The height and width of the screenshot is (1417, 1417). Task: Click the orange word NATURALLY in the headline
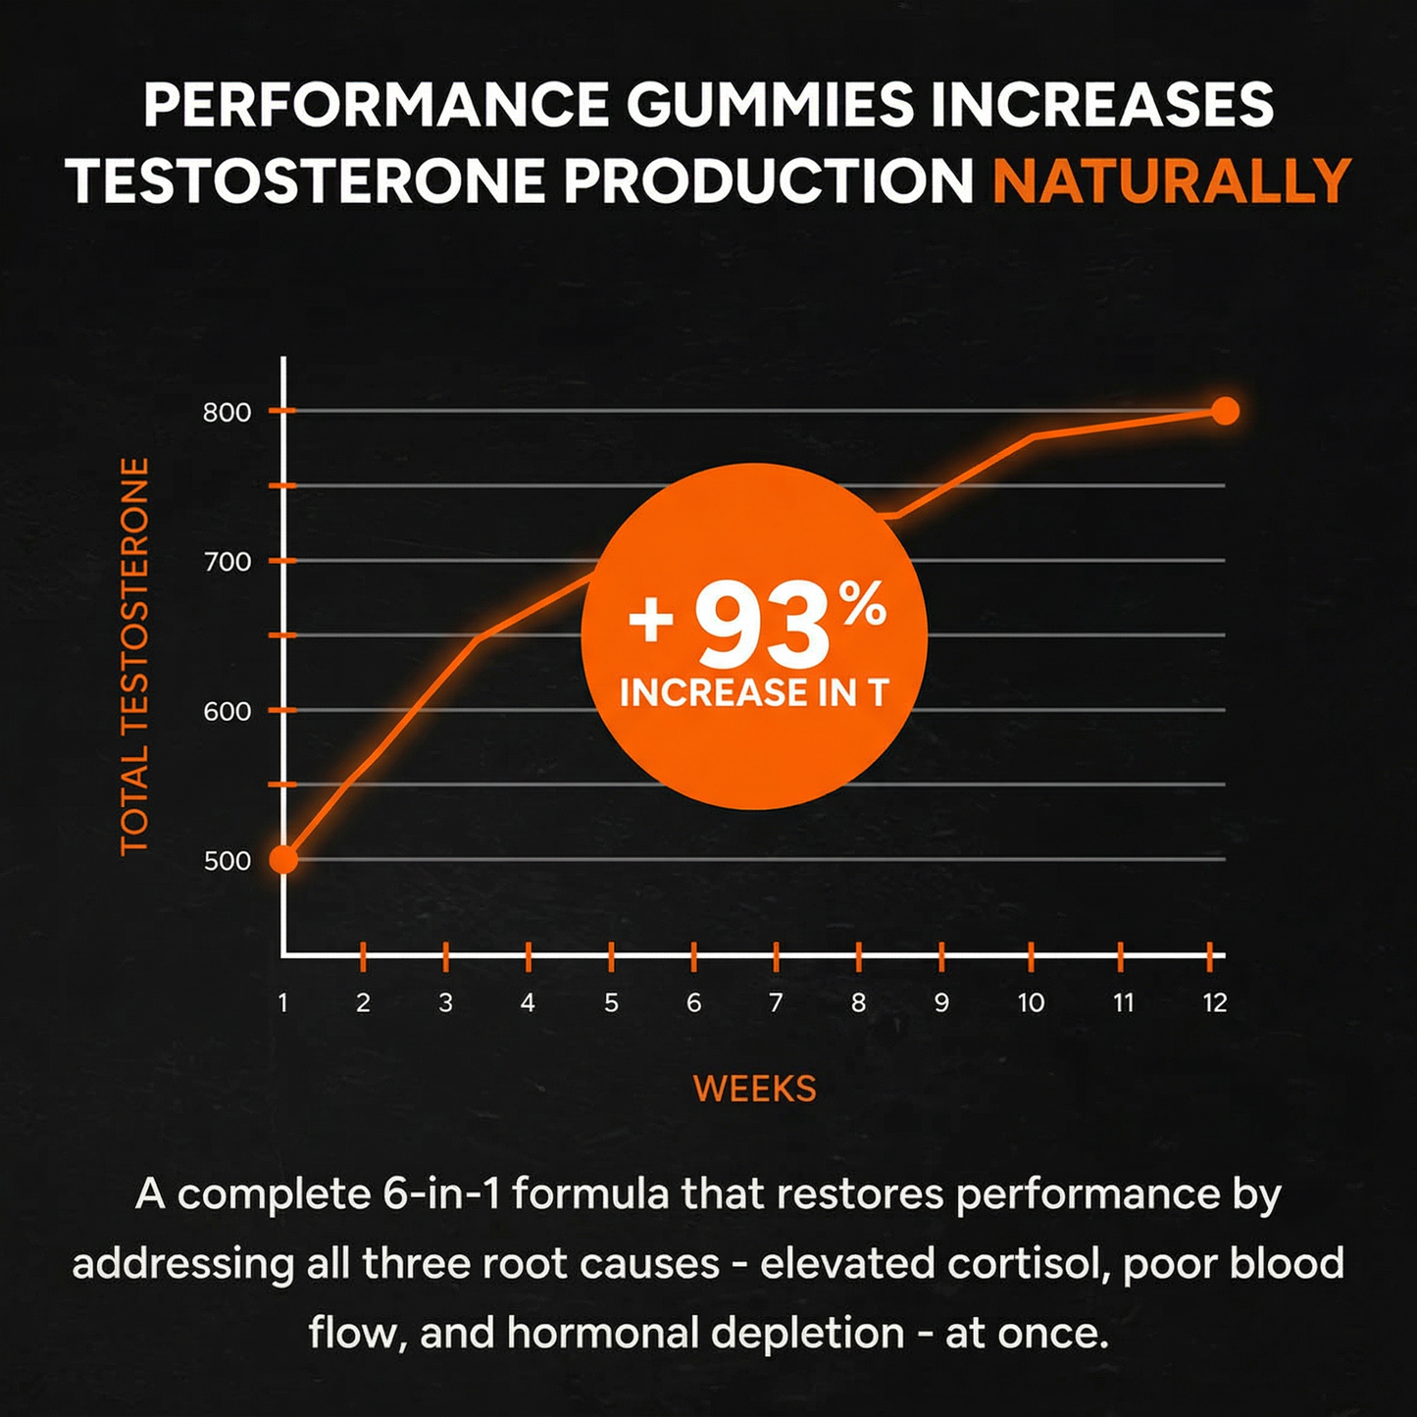(x=1172, y=180)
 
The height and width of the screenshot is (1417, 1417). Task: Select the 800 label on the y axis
(x=228, y=413)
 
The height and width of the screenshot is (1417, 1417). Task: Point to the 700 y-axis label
(x=228, y=563)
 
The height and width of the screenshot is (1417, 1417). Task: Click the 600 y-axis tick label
(x=228, y=712)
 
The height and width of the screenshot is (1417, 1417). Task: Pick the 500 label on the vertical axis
(x=228, y=861)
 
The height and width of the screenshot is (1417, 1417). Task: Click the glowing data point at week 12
(x=1225, y=411)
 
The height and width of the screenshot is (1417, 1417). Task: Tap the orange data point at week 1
(x=283, y=859)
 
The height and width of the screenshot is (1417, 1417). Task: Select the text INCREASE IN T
(x=754, y=693)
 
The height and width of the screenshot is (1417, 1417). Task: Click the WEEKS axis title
(x=754, y=1088)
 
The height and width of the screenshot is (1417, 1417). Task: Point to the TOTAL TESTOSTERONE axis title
(x=134, y=656)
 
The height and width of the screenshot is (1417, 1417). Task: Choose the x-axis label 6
(x=693, y=1003)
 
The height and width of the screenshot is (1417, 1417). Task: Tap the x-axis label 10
(x=1031, y=1003)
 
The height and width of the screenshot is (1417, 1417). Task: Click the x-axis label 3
(x=445, y=1003)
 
